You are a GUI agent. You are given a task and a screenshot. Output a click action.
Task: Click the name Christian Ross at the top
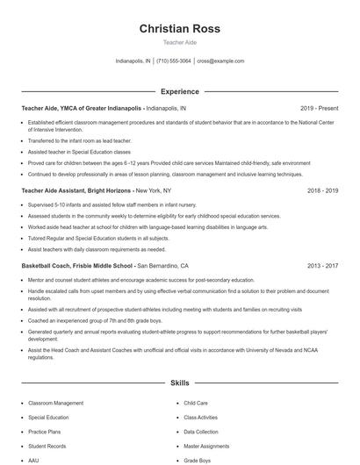click(x=179, y=29)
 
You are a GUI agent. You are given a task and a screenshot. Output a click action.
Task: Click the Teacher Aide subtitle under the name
click(x=179, y=42)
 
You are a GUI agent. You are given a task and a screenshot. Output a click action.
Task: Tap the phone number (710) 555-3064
click(x=174, y=61)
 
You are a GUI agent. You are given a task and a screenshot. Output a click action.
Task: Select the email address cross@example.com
click(x=220, y=61)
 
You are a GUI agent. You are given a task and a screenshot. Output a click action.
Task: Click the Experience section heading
click(x=179, y=90)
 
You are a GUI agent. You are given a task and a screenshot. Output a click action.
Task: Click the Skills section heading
click(x=179, y=383)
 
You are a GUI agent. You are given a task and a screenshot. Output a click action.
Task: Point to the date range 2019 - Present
click(x=319, y=108)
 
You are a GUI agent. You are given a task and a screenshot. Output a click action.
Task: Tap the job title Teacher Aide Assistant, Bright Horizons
click(x=76, y=190)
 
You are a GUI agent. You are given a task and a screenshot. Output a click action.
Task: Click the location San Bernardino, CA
click(x=162, y=264)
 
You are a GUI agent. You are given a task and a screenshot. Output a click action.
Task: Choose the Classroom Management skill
click(x=55, y=403)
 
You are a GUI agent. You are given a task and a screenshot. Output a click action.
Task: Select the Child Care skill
click(x=195, y=403)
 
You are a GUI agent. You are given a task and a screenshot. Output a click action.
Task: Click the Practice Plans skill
click(x=44, y=432)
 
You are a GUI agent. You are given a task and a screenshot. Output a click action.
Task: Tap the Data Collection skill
click(x=201, y=432)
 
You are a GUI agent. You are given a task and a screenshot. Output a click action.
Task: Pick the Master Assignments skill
click(x=206, y=446)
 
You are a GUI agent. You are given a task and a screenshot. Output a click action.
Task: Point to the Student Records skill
click(x=47, y=446)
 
